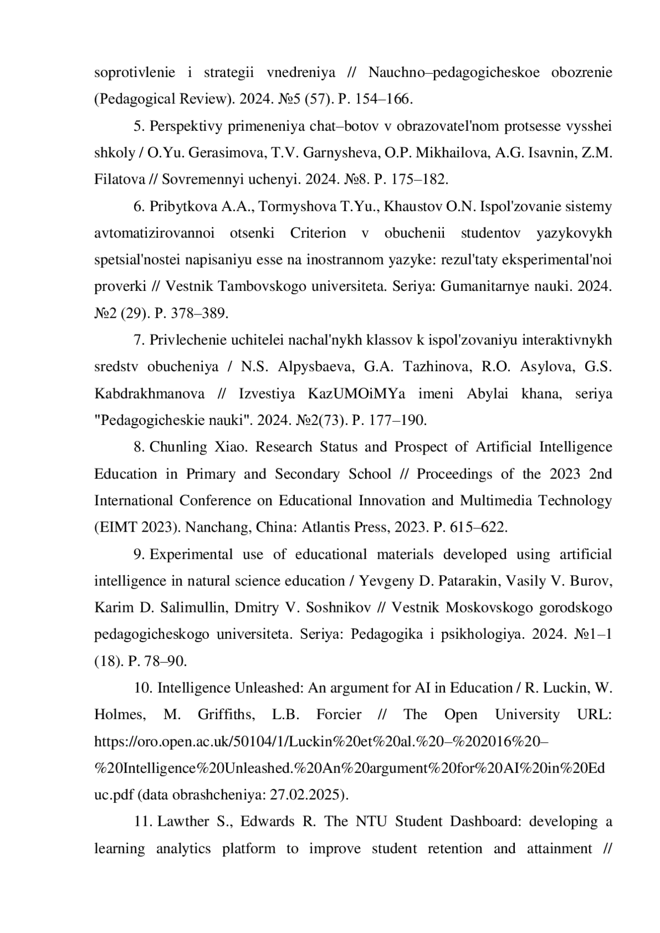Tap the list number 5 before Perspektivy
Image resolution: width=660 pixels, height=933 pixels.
pos(138,126)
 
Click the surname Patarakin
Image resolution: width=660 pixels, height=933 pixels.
pos(470,581)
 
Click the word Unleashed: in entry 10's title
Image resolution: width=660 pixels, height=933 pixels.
pos(268,688)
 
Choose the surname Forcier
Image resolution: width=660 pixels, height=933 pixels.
pos(339,715)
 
